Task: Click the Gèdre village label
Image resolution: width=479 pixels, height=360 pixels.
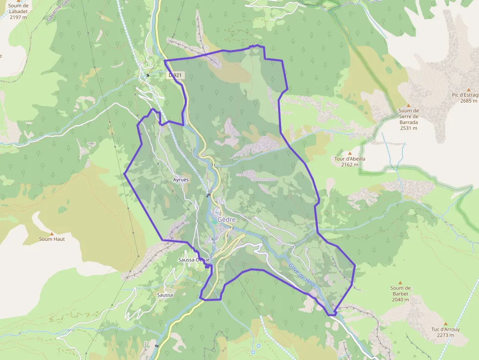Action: (227, 220)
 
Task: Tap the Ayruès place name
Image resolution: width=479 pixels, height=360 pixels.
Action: (181, 180)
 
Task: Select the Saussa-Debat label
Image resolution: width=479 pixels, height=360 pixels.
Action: (194, 260)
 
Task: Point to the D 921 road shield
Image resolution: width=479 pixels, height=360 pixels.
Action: (175, 75)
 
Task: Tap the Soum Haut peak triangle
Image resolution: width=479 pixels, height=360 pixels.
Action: (51, 233)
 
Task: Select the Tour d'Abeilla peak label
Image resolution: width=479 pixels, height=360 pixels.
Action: (350, 159)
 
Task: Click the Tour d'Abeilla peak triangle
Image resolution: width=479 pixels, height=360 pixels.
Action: (349, 153)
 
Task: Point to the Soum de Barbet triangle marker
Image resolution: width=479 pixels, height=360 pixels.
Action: (400, 282)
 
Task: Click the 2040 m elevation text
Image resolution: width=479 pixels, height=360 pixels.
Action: (400, 299)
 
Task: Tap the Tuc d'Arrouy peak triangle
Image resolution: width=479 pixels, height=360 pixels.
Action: (445, 323)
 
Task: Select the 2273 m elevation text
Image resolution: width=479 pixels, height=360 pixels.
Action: (445, 335)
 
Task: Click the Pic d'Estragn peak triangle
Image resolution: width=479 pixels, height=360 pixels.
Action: (468, 89)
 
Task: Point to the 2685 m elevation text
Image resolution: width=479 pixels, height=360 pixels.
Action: (468, 101)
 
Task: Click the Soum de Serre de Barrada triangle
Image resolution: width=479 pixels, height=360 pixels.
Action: (409, 105)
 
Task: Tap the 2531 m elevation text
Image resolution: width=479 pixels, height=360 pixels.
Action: (409, 128)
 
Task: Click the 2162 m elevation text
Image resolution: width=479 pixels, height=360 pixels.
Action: (350, 165)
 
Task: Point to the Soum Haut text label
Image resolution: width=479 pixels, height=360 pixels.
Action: (52, 239)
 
